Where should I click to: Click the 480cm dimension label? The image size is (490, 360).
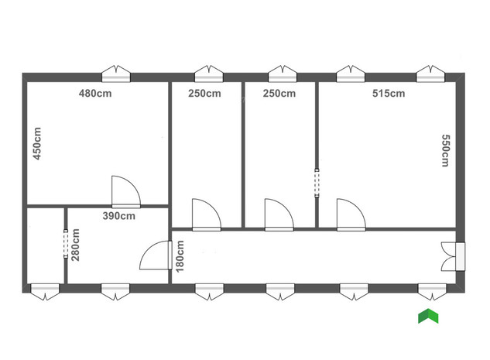tap(96, 94)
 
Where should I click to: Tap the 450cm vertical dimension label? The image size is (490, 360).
tap(36, 143)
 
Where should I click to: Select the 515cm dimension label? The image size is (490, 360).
tap(388, 94)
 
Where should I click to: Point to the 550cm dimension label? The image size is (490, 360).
tap(446, 150)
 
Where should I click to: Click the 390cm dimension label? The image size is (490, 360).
tap(119, 216)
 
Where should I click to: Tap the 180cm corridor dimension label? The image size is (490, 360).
tap(180, 255)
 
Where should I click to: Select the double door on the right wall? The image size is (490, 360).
tap(451, 256)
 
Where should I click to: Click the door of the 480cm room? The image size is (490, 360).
tap(125, 193)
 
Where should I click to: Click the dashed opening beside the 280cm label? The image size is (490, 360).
tap(65, 244)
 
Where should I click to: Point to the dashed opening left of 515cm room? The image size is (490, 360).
tap(317, 183)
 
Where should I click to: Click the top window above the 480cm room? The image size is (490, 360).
tap(118, 74)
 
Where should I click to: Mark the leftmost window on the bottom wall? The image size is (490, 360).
tap(44, 290)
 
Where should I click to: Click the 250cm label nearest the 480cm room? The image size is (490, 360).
tap(204, 94)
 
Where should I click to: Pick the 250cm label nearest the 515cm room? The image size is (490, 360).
tap(279, 94)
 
